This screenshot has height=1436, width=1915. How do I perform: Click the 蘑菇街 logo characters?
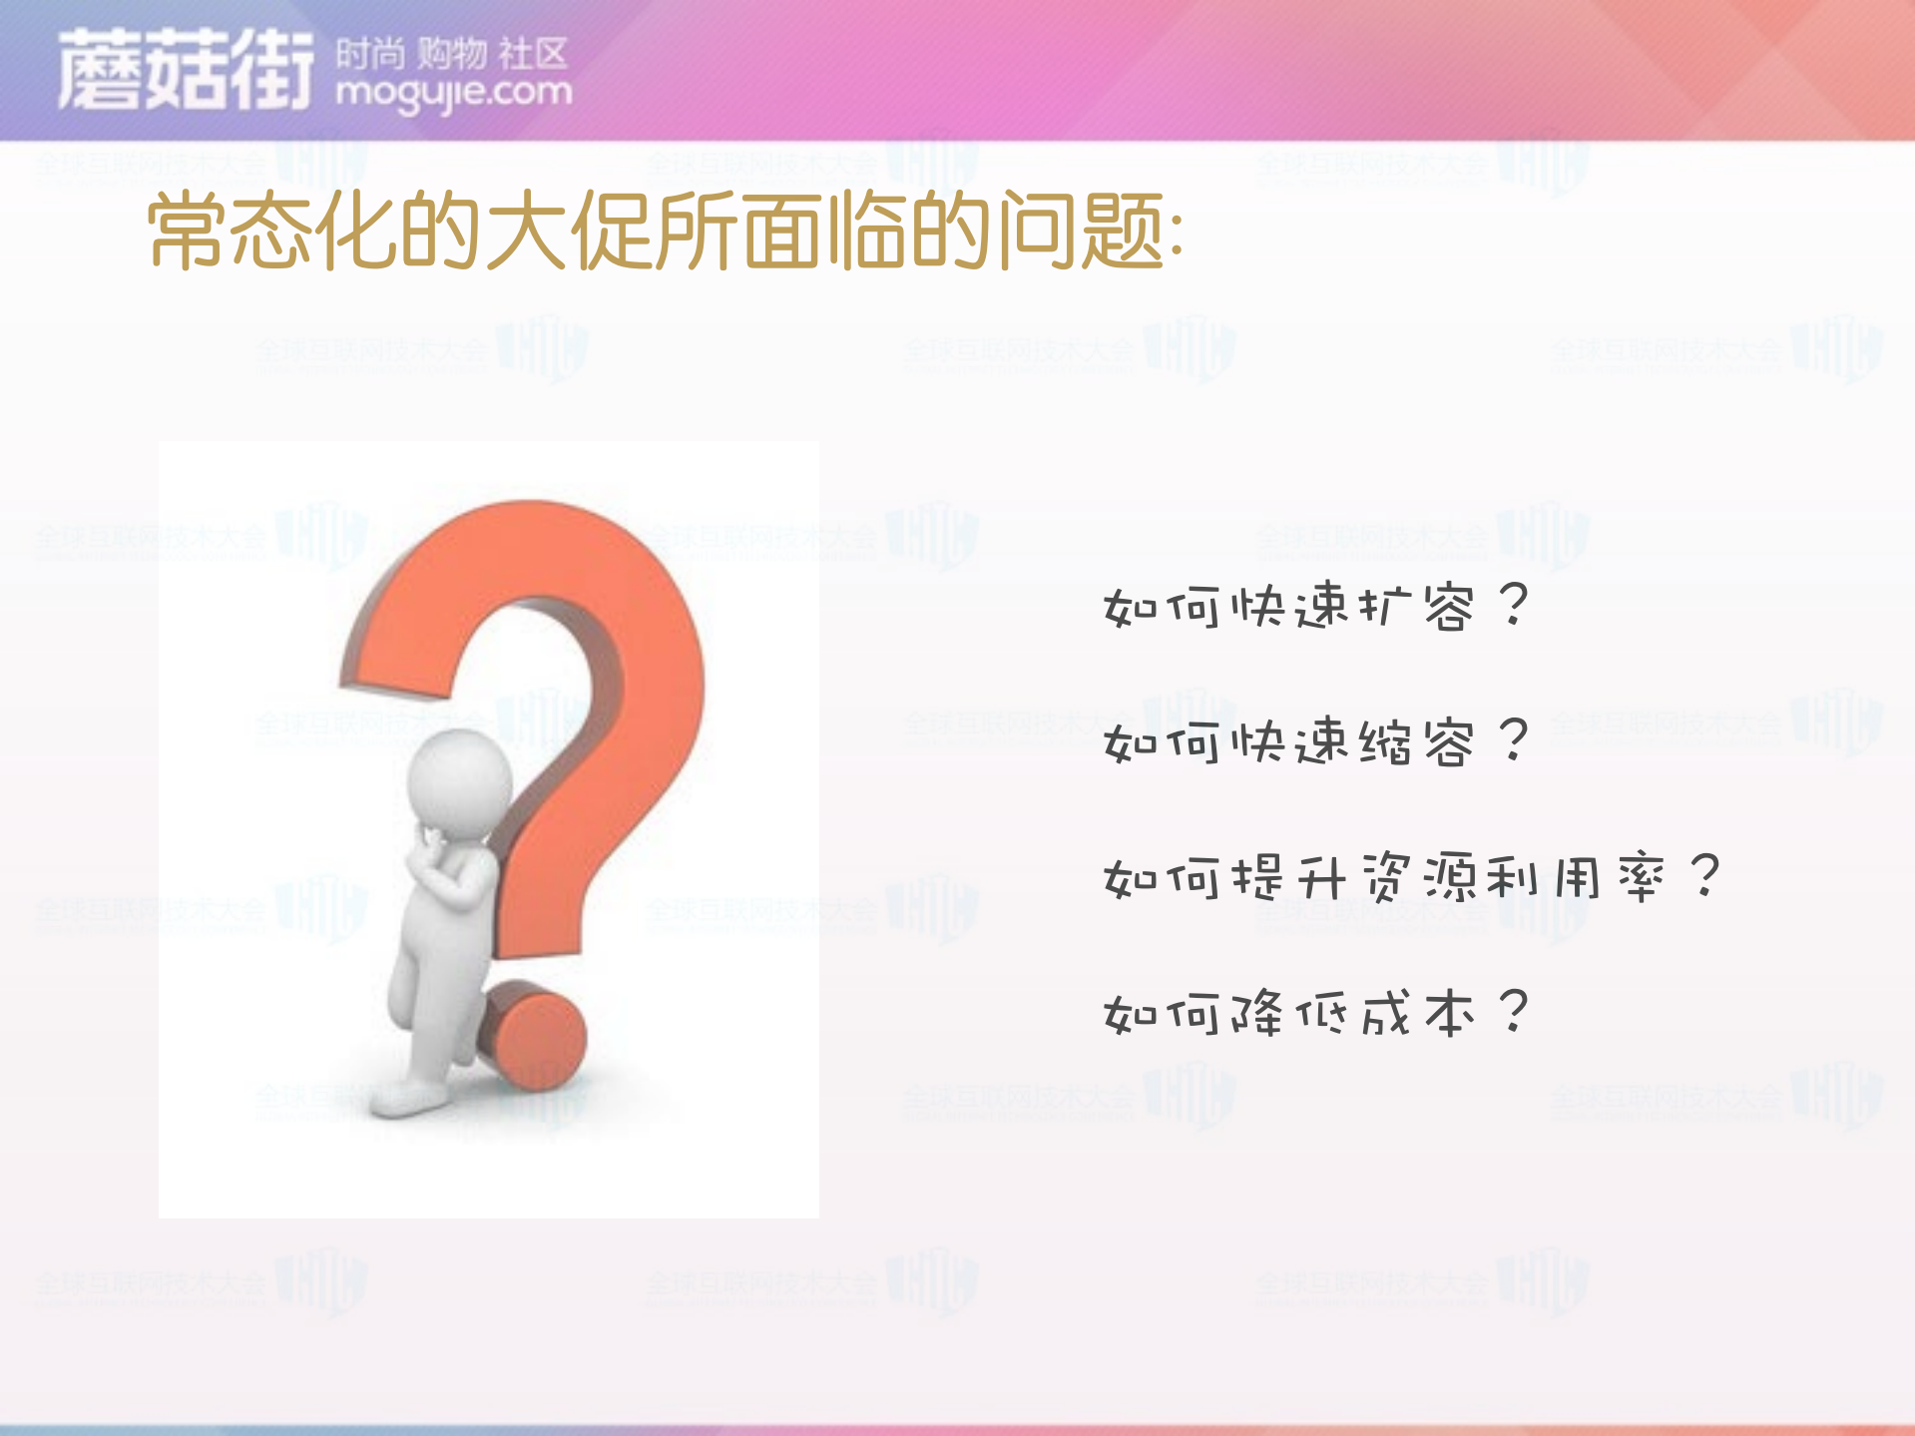pos(185,70)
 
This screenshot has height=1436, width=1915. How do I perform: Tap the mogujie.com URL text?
pos(454,93)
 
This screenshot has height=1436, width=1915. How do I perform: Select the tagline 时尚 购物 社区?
pos(451,53)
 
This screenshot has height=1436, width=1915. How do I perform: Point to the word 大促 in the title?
pos(569,232)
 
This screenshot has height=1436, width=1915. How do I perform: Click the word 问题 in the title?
pos(1083,232)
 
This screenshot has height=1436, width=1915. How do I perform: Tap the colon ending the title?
pos(1177,239)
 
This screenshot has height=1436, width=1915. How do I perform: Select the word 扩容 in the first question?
pos(1417,606)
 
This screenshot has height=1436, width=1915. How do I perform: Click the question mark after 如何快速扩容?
pos(1514,604)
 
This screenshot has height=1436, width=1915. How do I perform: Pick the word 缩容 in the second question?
pos(1417,742)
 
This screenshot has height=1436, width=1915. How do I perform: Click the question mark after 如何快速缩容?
pos(1514,740)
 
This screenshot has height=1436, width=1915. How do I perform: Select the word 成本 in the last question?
pos(1417,1014)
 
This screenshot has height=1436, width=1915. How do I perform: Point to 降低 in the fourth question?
pos(1287,1014)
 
